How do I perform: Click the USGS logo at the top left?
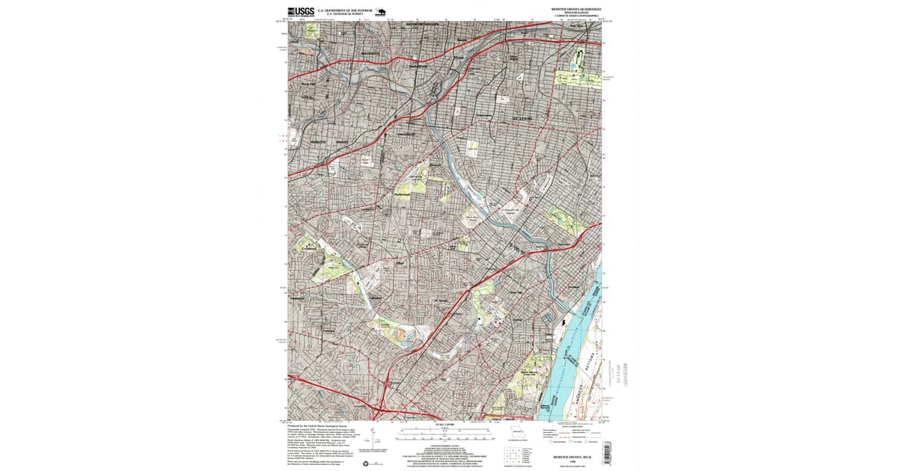point(300,11)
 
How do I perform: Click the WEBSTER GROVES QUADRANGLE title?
point(575,9)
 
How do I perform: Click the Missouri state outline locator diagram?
point(517,433)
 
